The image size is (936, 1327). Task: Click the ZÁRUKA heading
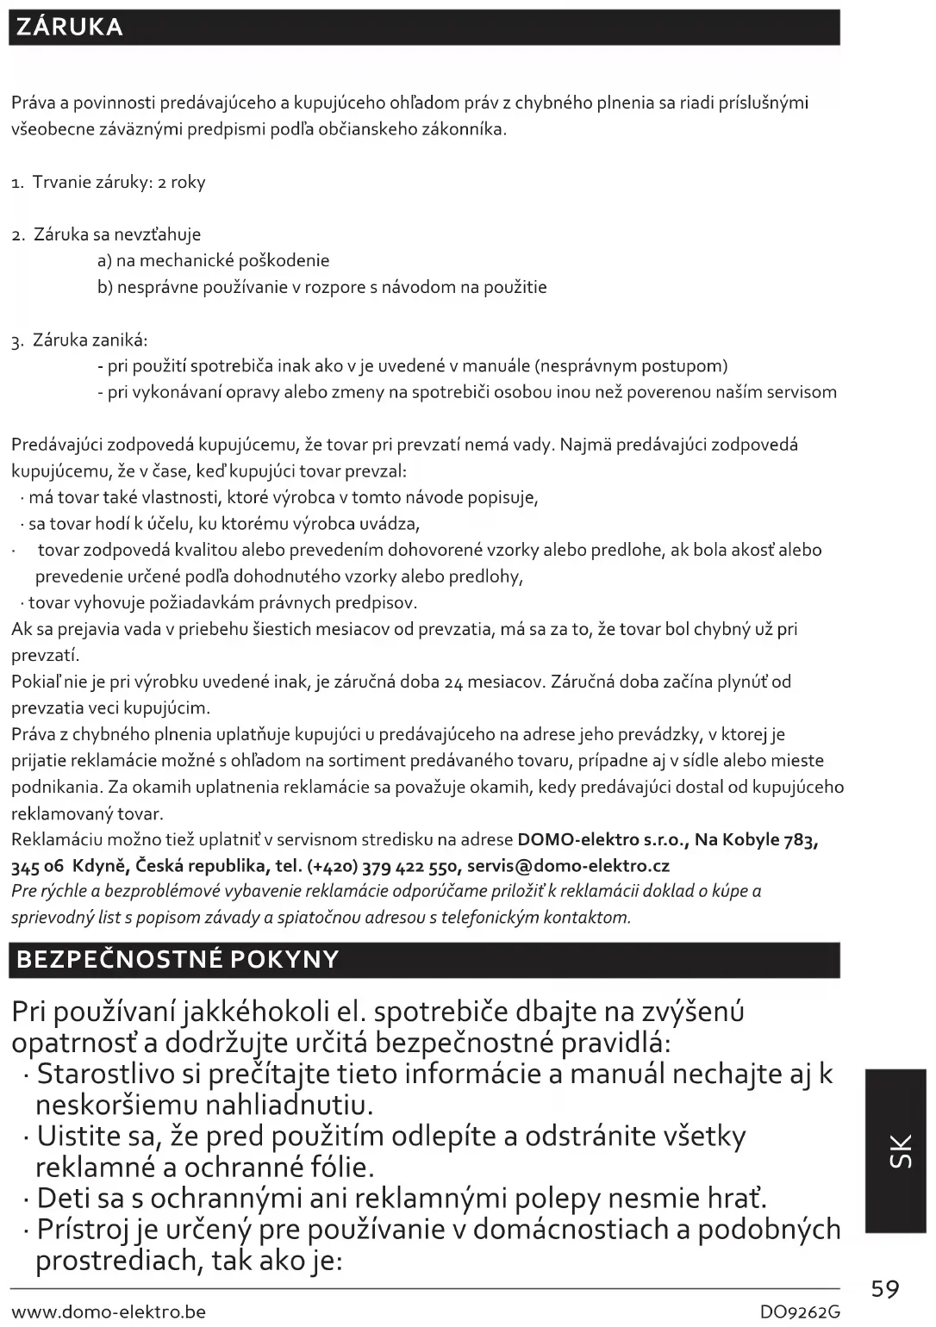click(70, 28)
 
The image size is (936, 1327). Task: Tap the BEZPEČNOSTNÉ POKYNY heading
click(178, 960)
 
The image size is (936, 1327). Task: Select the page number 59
click(885, 1289)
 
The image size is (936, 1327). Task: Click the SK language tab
click(896, 1151)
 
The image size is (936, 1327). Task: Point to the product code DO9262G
click(799, 1312)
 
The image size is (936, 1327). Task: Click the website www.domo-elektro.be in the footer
click(109, 1312)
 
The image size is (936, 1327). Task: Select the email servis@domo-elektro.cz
click(568, 866)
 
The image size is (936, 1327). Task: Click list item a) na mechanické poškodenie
click(213, 261)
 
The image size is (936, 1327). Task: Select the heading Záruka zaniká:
click(90, 340)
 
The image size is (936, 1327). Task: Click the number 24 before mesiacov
click(454, 682)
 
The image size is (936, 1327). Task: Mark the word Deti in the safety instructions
click(68, 1199)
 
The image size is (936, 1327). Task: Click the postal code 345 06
click(37, 866)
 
